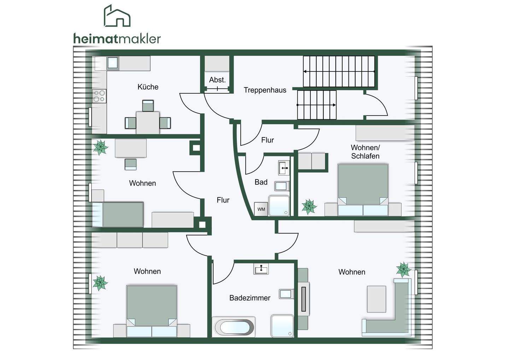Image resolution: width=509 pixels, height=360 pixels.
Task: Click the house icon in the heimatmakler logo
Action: pos(117,16)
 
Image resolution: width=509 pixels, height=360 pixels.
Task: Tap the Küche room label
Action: pos(148,87)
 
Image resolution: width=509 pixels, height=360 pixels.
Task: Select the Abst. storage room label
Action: pos(217,80)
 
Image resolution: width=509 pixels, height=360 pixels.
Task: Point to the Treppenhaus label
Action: pos(265,90)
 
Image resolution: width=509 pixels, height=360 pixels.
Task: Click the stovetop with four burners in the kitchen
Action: pos(99,96)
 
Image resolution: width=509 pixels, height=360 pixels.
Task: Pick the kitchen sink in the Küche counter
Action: pos(113,63)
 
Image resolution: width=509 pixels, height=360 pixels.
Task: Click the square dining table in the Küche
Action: pos(148,123)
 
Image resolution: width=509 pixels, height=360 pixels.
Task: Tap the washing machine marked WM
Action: pos(261,209)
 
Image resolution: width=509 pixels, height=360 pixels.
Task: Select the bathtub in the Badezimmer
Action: pos(233,327)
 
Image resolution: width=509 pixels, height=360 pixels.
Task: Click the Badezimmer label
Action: pos(250,298)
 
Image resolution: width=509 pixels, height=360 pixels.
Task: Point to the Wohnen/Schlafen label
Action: pos(365,152)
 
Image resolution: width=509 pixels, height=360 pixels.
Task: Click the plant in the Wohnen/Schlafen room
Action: pos(309,207)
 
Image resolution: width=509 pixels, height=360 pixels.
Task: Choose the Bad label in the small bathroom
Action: pos(261,182)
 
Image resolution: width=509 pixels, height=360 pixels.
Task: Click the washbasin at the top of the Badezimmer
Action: pos(261,269)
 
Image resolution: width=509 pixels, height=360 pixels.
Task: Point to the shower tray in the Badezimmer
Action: pos(282,326)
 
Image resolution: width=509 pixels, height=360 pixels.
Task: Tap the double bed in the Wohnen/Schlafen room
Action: pos(363,190)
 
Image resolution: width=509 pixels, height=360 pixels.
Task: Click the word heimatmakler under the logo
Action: pos(117,39)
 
